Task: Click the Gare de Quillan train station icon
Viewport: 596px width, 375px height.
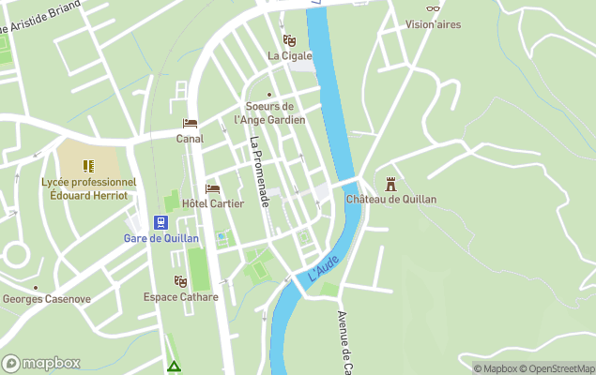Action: coord(161,222)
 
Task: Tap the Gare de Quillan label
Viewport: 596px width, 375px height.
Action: coord(161,238)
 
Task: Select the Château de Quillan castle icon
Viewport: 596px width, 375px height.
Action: coord(390,184)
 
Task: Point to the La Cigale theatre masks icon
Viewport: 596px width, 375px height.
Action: coord(289,40)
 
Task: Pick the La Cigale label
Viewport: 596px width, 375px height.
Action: coord(289,55)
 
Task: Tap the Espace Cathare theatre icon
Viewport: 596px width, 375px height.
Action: coord(180,281)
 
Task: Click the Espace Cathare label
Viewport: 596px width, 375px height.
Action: coord(180,297)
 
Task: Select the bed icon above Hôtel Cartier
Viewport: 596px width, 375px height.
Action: coord(212,188)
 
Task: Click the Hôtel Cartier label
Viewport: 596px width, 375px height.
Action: coord(212,203)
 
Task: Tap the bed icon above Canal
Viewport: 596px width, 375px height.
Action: coord(190,124)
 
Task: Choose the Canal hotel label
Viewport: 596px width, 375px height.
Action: coord(190,139)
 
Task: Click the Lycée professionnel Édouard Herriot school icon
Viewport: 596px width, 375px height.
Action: coord(89,166)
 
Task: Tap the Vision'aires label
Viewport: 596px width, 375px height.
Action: coord(433,25)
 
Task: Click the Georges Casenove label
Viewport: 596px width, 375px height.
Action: coord(46,299)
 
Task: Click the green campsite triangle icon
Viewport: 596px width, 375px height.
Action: coord(173,366)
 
